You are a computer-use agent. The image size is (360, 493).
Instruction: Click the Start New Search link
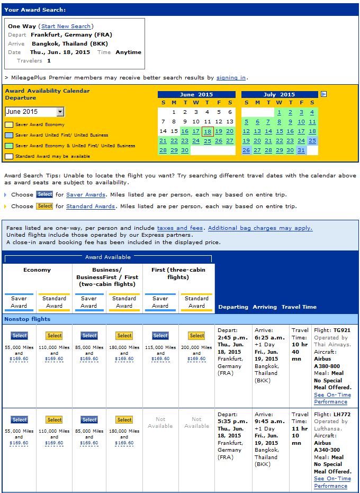(66, 26)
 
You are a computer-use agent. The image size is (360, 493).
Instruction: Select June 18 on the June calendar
(207, 131)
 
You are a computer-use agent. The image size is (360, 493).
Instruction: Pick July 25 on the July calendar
(312, 140)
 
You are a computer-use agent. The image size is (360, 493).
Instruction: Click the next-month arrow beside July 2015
(323, 94)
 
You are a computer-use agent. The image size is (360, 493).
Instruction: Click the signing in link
(231, 77)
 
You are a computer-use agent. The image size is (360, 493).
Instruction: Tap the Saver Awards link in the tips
(85, 195)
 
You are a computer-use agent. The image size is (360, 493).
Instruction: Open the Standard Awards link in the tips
(90, 207)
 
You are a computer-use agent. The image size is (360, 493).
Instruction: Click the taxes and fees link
(180, 228)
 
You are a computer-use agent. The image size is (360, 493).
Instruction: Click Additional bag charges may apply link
(260, 228)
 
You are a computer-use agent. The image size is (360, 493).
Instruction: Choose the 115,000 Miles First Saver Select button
(160, 336)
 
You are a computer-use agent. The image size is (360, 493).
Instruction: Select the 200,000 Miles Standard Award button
(196, 336)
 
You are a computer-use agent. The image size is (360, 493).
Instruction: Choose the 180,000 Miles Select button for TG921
(124, 336)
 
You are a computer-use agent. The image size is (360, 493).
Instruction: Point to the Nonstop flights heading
(27, 319)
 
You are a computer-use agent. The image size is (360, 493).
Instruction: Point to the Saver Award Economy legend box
(9, 125)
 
